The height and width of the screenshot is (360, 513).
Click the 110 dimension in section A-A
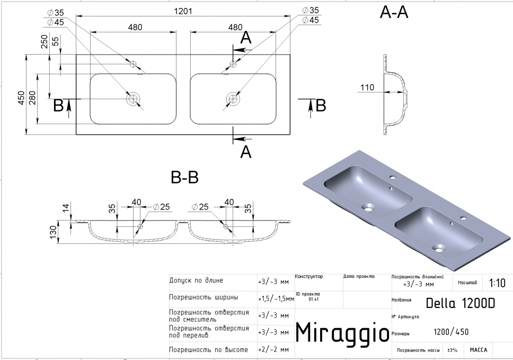pyautogui.click(x=367, y=87)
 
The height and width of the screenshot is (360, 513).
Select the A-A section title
pyautogui.click(x=394, y=13)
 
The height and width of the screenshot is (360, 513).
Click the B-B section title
pyautogui.click(x=184, y=178)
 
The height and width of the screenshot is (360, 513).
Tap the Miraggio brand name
pyautogui.click(x=335, y=332)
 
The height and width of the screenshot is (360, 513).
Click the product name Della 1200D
pyautogui.click(x=461, y=304)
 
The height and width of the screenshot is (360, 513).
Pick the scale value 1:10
pyautogui.click(x=497, y=283)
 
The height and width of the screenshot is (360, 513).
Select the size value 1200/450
pyautogui.click(x=451, y=332)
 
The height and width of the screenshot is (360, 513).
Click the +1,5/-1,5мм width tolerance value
pyautogui.click(x=276, y=298)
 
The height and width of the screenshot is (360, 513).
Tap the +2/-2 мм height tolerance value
pyautogui.click(x=273, y=350)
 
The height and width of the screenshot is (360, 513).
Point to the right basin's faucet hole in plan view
pyautogui.click(x=233, y=64)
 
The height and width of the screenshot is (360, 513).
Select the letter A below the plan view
pyautogui.click(x=245, y=152)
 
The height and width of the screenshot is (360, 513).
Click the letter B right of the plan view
pyautogui.click(x=320, y=106)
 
